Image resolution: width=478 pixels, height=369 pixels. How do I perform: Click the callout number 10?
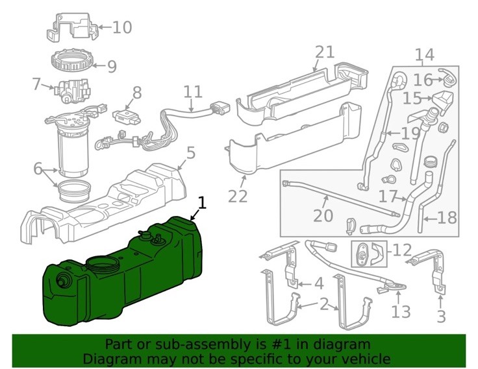click(x=121, y=27)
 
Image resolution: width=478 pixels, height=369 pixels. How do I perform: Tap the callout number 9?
click(x=111, y=65)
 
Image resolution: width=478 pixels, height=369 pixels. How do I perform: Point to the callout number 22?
click(x=238, y=195)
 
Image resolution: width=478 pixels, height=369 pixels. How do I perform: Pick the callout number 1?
click(x=202, y=203)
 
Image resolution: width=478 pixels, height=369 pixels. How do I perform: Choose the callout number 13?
click(x=401, y=312)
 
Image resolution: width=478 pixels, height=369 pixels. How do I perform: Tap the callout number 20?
click(x=323, y=215)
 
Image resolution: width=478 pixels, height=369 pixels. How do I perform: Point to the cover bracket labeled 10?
click(x=71, y=28)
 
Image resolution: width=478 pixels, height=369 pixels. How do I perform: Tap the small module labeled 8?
click(x=126, y=116)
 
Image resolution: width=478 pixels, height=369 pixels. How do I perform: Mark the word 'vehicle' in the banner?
click(x=367, y=359)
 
